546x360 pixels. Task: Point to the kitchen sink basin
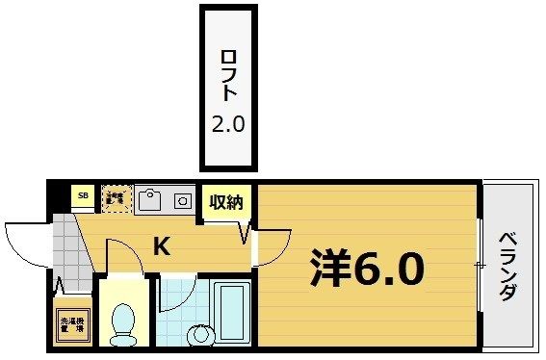150,200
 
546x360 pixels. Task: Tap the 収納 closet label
227,202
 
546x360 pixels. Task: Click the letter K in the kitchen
162,247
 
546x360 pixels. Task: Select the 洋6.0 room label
366,268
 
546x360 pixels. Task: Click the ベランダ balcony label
507,267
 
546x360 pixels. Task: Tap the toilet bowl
122,321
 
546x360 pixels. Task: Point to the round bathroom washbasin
200,335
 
